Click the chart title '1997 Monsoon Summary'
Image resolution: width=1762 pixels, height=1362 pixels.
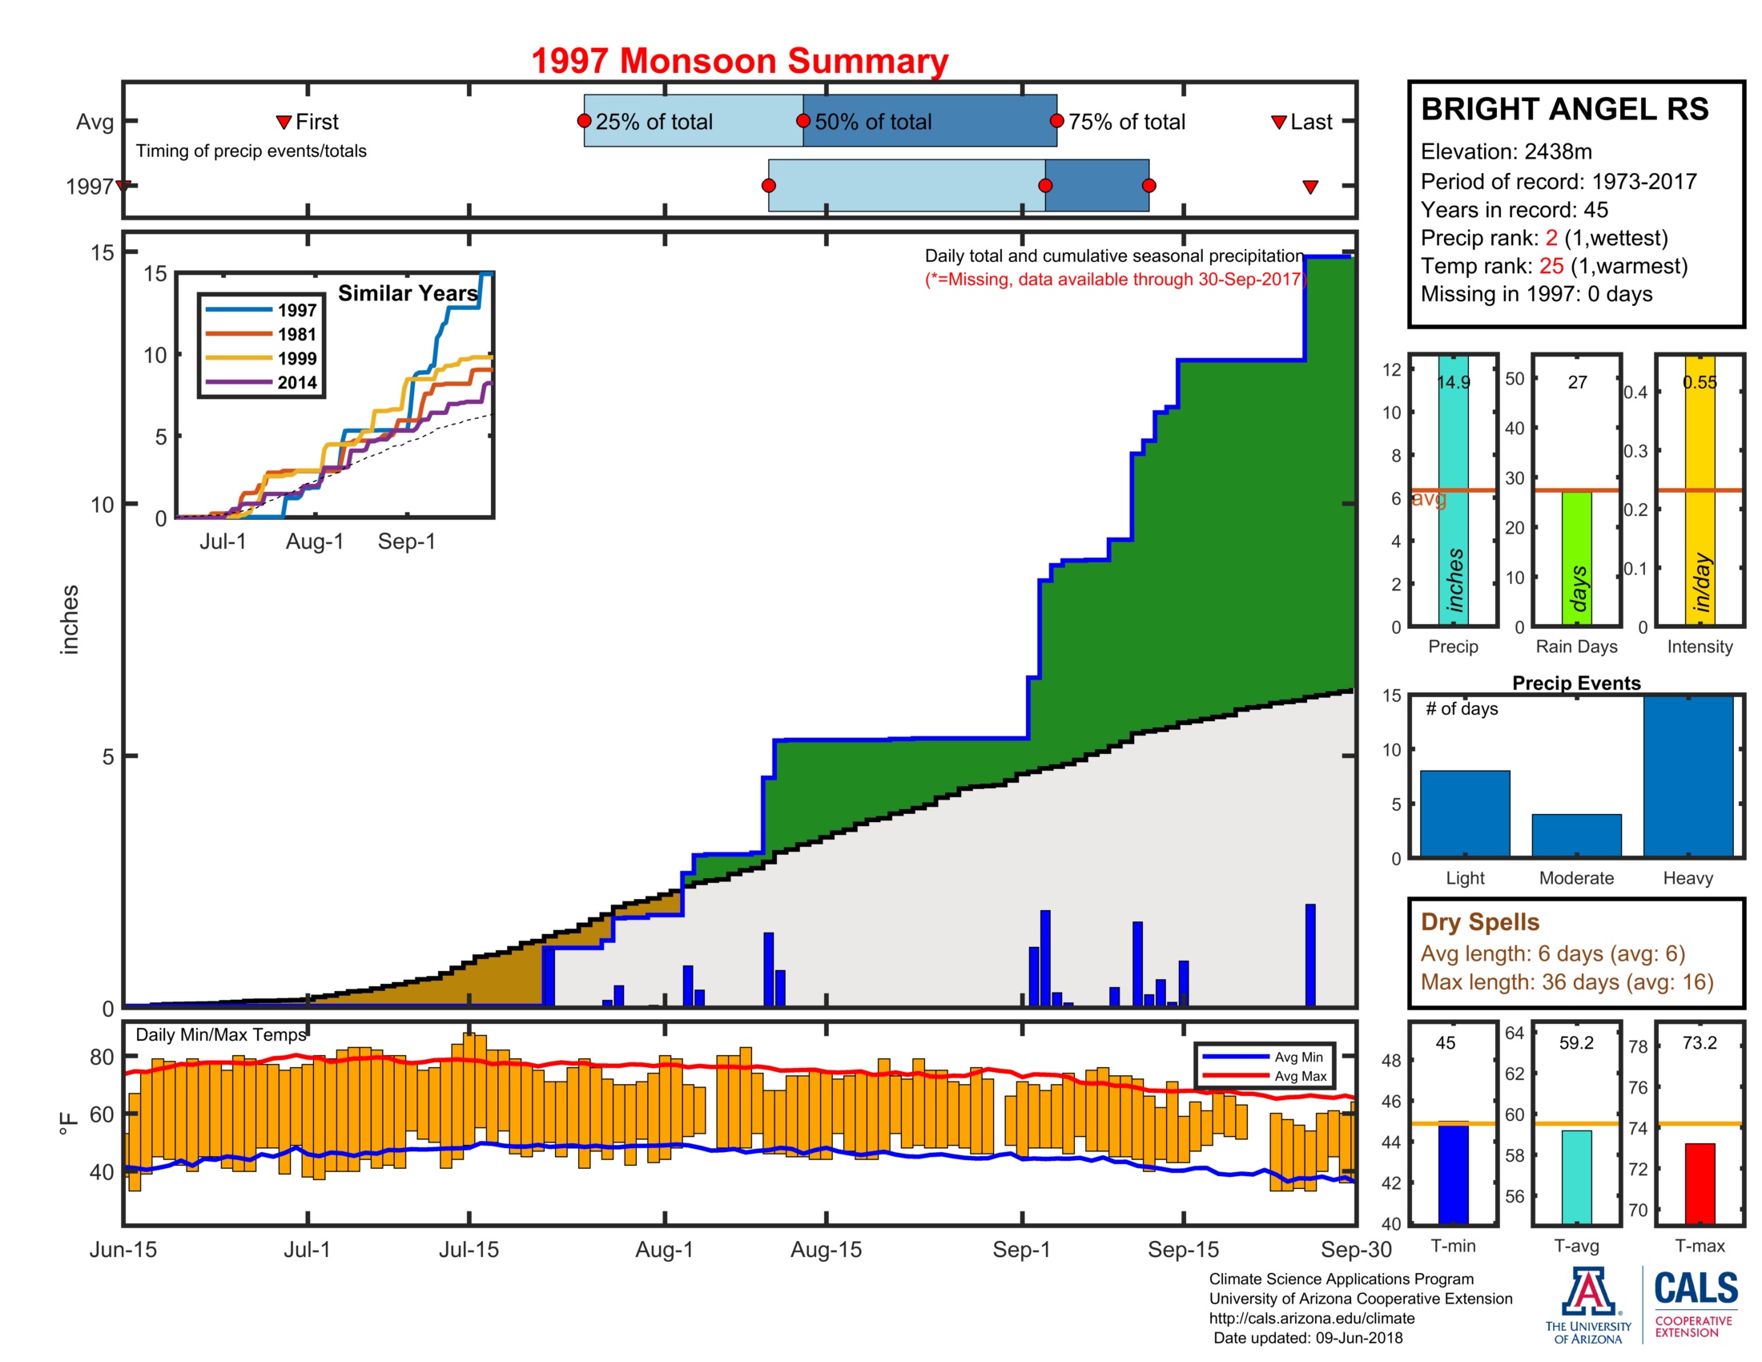coord(739,62)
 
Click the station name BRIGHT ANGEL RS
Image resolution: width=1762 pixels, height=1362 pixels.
coord(1564,109)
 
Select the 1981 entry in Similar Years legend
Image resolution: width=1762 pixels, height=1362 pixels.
coord(296,334)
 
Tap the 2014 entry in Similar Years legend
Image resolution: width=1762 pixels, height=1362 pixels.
coord(296,382)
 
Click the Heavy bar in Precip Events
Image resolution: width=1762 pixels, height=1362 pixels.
coord(1688,776)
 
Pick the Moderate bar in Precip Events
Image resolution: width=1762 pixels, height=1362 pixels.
coord(1575,835)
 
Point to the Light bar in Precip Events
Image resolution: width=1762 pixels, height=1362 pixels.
coord(1464,813)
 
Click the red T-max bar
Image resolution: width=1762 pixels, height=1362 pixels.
coord(1699,1183)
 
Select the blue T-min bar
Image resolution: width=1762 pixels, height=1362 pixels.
coord(1453,1173)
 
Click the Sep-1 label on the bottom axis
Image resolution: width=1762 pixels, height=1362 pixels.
coord(1021,1250)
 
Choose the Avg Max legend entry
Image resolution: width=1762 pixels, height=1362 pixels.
coord(1300,1076)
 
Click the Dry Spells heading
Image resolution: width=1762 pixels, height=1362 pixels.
coord(1479,922)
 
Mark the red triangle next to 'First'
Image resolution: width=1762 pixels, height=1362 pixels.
coord(284,123)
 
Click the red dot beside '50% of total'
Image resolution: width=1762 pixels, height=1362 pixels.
coord(803,121)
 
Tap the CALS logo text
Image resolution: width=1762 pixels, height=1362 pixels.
coord(1696,1288)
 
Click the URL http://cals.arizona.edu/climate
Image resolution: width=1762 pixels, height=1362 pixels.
coord(1311,1319)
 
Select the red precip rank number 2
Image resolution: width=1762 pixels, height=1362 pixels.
coord(1551,238)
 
